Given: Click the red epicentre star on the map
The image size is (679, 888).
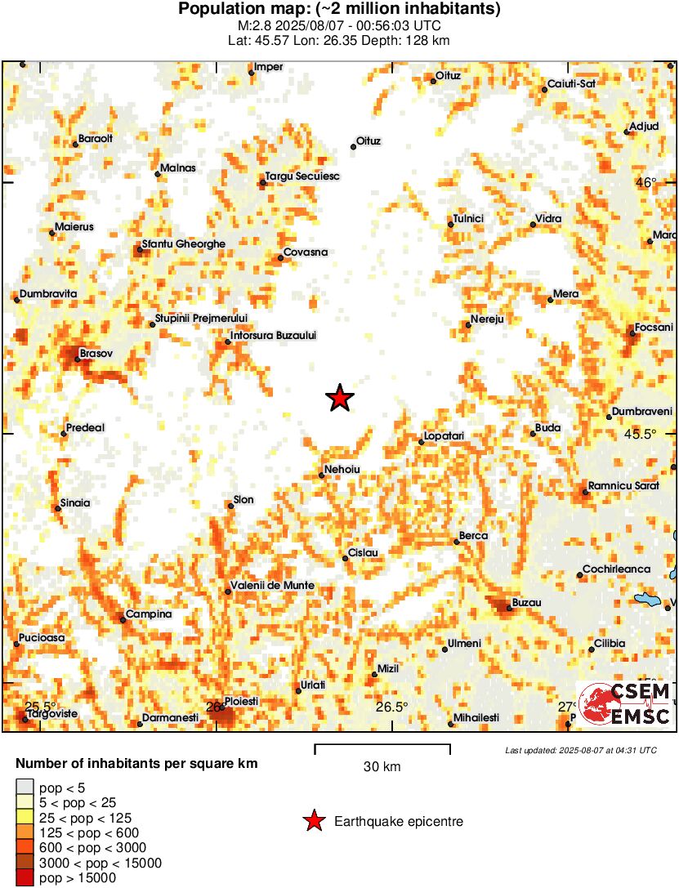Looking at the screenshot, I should [x=339, y=398].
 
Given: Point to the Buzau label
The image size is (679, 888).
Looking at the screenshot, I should [x=526, y=603].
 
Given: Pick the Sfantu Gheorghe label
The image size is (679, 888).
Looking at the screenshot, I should [x=183, y=243].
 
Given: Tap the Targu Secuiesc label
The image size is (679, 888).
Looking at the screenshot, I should [x=302, y=176].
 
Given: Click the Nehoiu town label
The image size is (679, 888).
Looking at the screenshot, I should [x=342, y=469].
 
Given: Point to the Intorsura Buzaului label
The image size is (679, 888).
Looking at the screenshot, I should [x=273, y=335].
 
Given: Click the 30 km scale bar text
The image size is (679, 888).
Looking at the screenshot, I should [x=382, y=767].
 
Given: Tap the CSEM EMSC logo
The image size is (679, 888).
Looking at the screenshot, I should [x=624, y=704].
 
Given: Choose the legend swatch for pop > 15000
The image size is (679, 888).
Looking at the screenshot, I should [x=25, y=878].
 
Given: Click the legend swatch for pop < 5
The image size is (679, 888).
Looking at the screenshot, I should [x=25, y=788].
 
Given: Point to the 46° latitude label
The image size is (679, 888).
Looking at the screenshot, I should [x=647, y=183].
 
